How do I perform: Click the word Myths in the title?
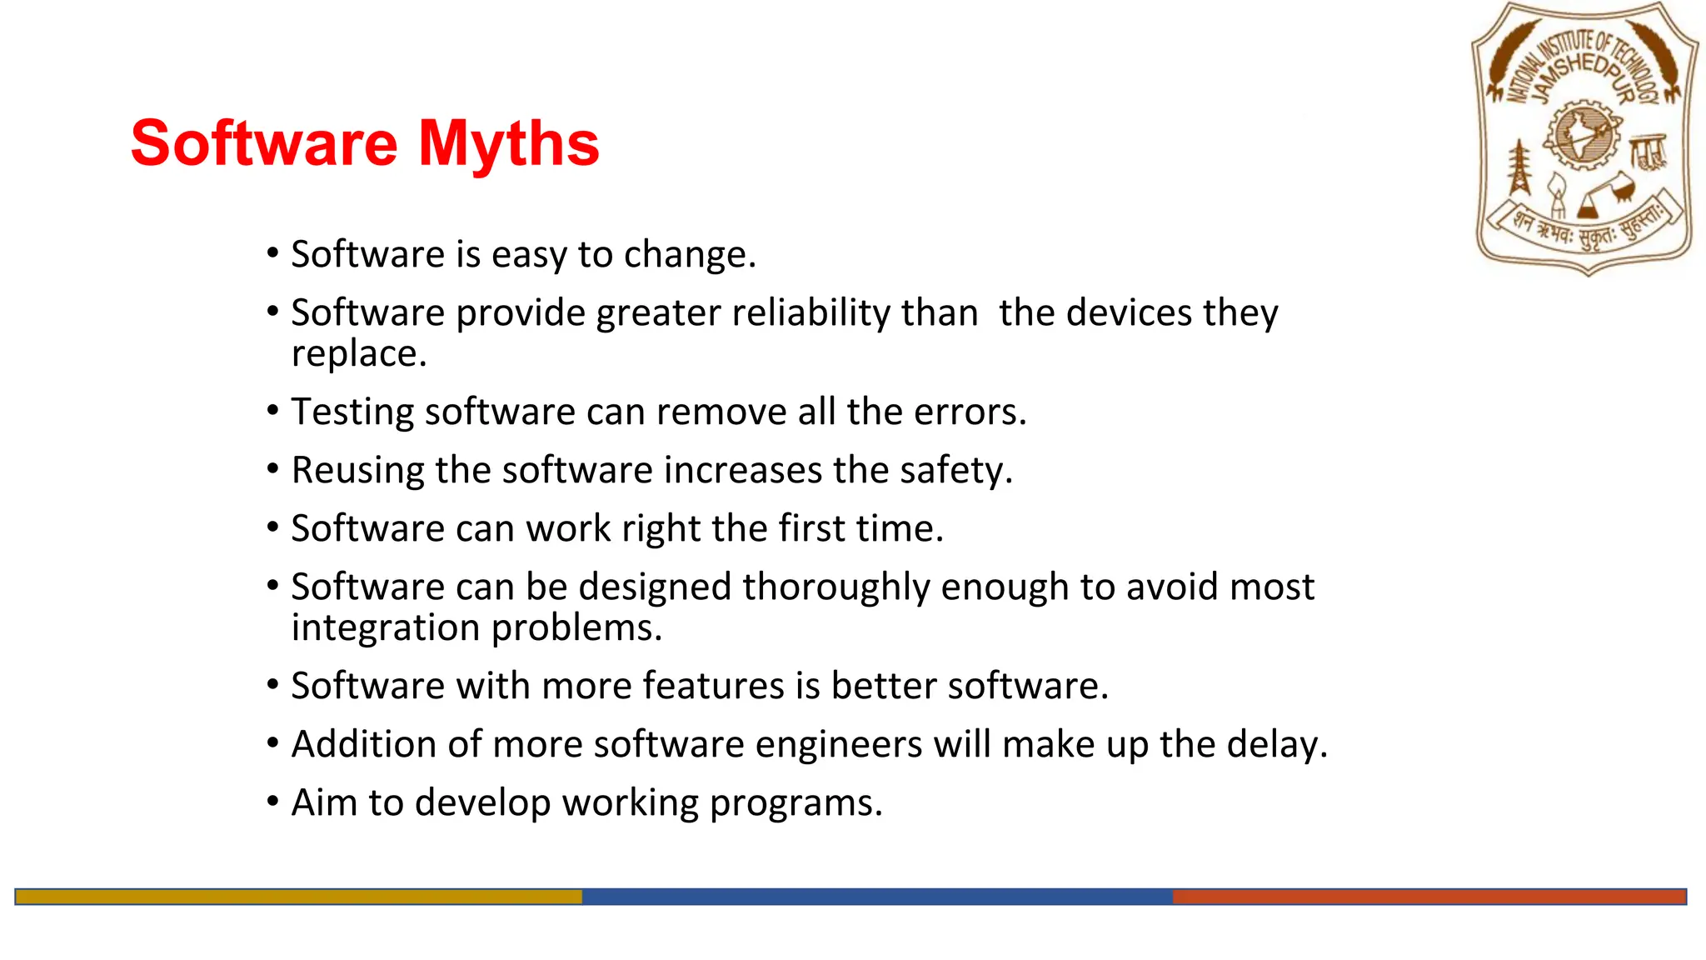(508, 143)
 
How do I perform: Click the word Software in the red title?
(264, 143)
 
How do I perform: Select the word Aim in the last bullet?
(324, 803)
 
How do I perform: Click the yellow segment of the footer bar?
(298, 897)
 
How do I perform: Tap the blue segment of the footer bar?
(876, 897)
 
